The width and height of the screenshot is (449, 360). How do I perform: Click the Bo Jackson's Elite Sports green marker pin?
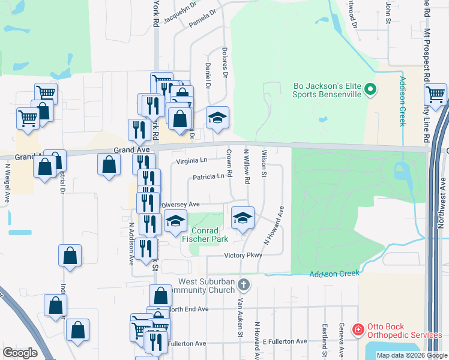coord(370,90)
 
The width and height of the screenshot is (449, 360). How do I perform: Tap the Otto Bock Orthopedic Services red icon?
coord(358,329)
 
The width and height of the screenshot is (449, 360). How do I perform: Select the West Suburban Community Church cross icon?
coord(243,283)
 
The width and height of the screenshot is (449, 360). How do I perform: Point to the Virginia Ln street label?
coord(191,161)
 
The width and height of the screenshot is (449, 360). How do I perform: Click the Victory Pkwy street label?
coord(244,255)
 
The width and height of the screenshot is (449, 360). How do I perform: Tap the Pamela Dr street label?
coord(203,18)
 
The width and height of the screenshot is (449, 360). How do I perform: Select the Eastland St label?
coord(324,338)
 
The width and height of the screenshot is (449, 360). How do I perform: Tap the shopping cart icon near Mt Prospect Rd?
coord(435,94)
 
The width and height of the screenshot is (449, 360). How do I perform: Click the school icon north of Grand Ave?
coord(217,117)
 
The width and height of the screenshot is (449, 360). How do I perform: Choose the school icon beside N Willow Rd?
coord(243,218)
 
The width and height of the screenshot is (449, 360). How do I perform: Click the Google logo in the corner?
coord(20,353)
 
